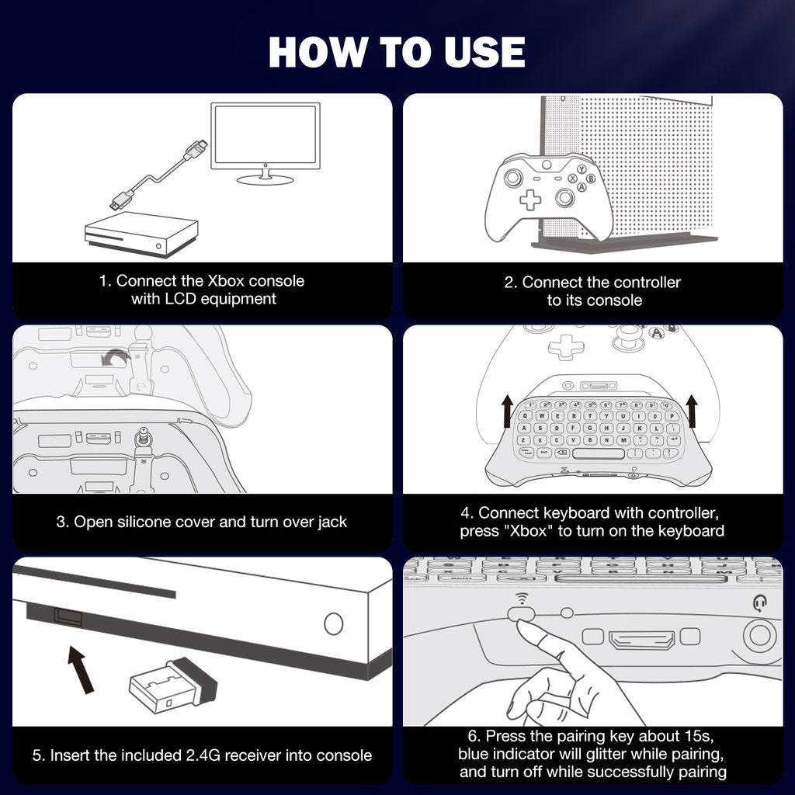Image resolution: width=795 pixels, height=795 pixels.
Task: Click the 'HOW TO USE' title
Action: click(x=397, y=51)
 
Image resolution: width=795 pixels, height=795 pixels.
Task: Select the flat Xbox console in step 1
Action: click(x=141, y=234)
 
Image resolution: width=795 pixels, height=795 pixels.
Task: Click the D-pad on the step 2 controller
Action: click(x=530, y=199)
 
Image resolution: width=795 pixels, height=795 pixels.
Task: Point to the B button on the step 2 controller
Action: click(x=591, y=179)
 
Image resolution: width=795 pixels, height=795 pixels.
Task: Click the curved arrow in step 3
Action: click(x=116, y=358)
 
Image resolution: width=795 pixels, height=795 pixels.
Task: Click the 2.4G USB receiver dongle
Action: click(x=173, y=686)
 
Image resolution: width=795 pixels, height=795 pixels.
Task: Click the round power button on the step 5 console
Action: click(x=333, y=623)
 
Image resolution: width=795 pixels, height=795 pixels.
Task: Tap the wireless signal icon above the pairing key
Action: click(x=519, y=596)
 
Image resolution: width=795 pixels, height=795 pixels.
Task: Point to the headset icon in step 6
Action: click(x=759, y=602)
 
